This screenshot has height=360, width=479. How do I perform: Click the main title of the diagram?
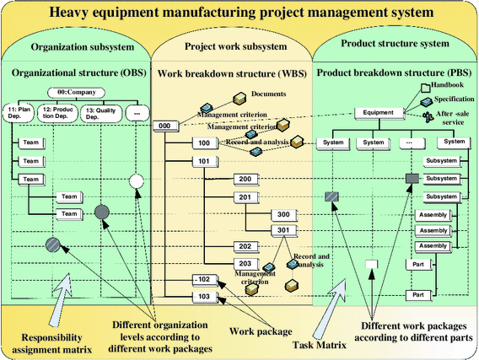coord(239,13)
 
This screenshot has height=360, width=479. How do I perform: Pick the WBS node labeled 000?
coord(165,126)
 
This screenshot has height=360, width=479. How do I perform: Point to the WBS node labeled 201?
coord(245,197)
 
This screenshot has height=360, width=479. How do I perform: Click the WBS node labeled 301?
coord(283,230)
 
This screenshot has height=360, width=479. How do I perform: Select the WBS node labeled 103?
coord(202,297)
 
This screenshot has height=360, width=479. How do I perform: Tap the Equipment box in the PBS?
coord(375,112)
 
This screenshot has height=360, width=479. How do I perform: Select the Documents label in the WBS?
coord(269,94)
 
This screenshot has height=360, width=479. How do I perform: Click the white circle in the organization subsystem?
coord(137,181)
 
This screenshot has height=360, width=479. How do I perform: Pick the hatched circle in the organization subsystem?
coord(55,246)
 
